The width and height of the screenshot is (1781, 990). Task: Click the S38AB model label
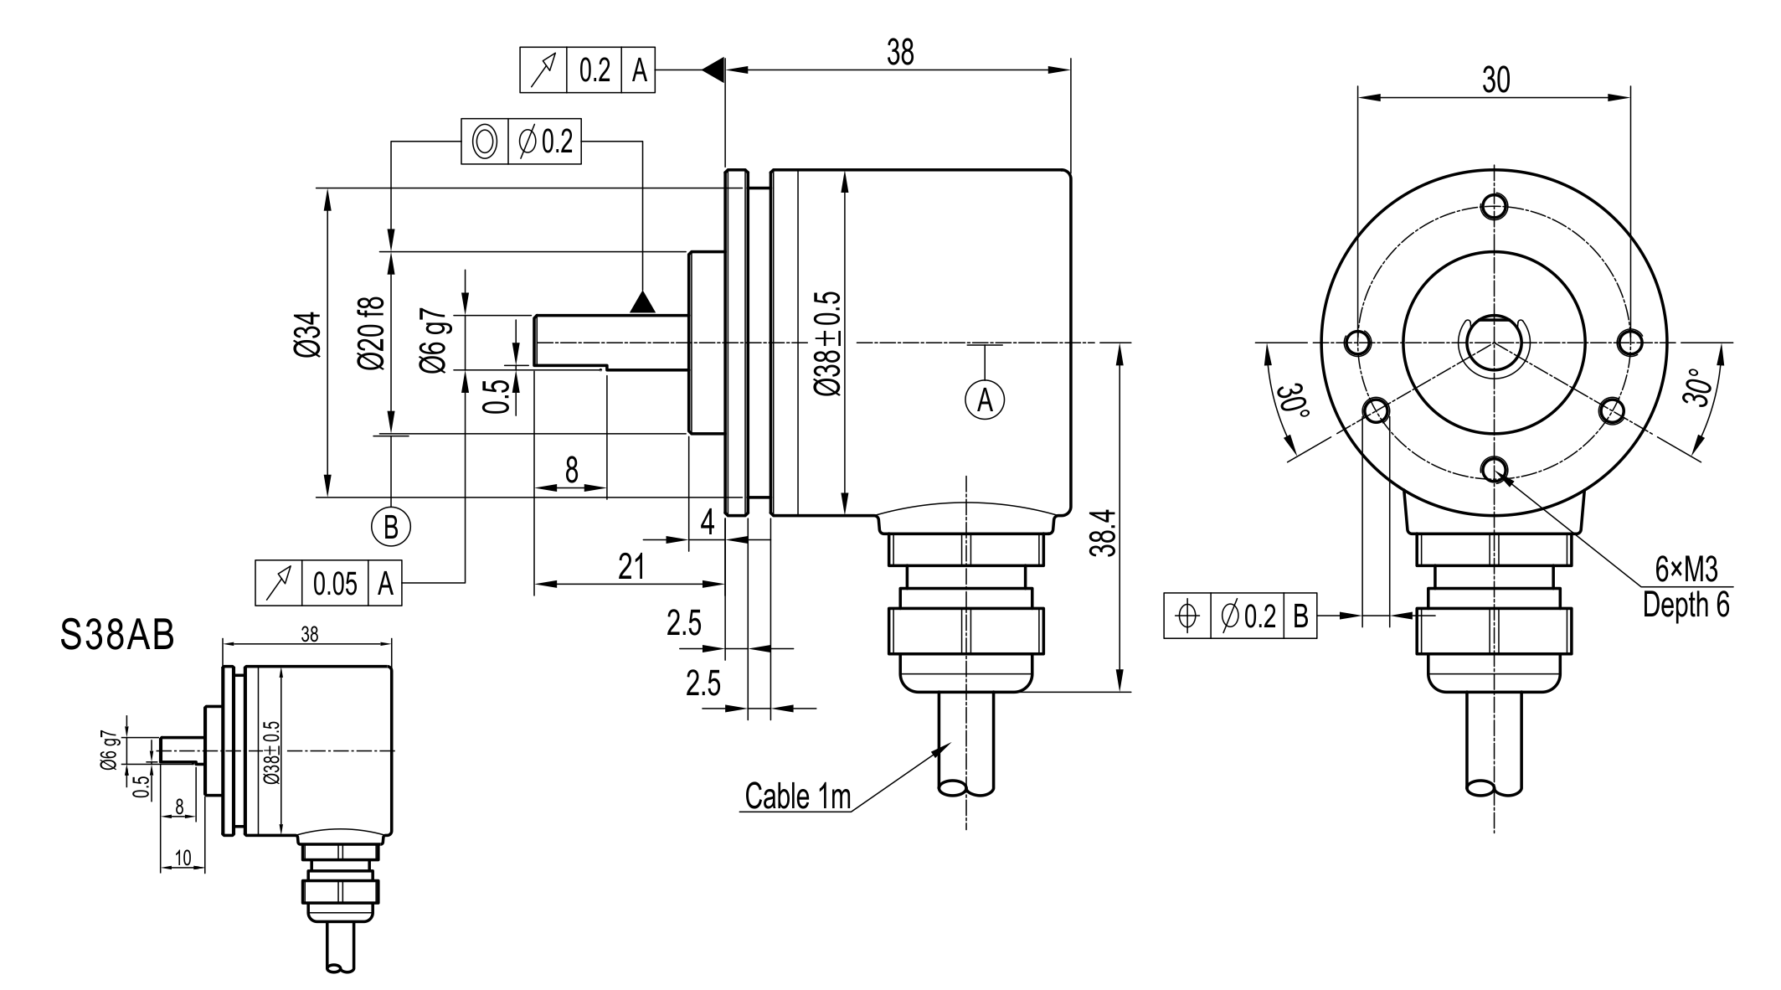(117, 637)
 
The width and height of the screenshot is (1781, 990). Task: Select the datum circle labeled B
(391, 527)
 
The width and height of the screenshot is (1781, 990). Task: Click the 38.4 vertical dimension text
(1104, 532)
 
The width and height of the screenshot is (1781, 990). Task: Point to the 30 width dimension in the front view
(1495, 80)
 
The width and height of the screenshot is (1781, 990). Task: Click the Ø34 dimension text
(307, 335)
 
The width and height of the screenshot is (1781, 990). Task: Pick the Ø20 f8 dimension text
(372, 333)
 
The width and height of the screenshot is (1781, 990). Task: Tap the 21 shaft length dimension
(631, 567)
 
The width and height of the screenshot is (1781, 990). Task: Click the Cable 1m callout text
(797, 797)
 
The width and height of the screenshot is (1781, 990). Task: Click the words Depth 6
(1686, 605)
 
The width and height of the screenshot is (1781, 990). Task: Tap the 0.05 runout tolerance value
(335, 583)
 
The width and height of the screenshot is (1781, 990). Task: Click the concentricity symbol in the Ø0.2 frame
(485, 142)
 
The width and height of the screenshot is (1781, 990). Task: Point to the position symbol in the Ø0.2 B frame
(1186, 616)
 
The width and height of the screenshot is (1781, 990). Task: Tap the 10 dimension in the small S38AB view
(183, 858)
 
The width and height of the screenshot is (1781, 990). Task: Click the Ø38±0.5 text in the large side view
(828, 343)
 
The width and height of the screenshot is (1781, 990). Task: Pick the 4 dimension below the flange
(708, 523)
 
